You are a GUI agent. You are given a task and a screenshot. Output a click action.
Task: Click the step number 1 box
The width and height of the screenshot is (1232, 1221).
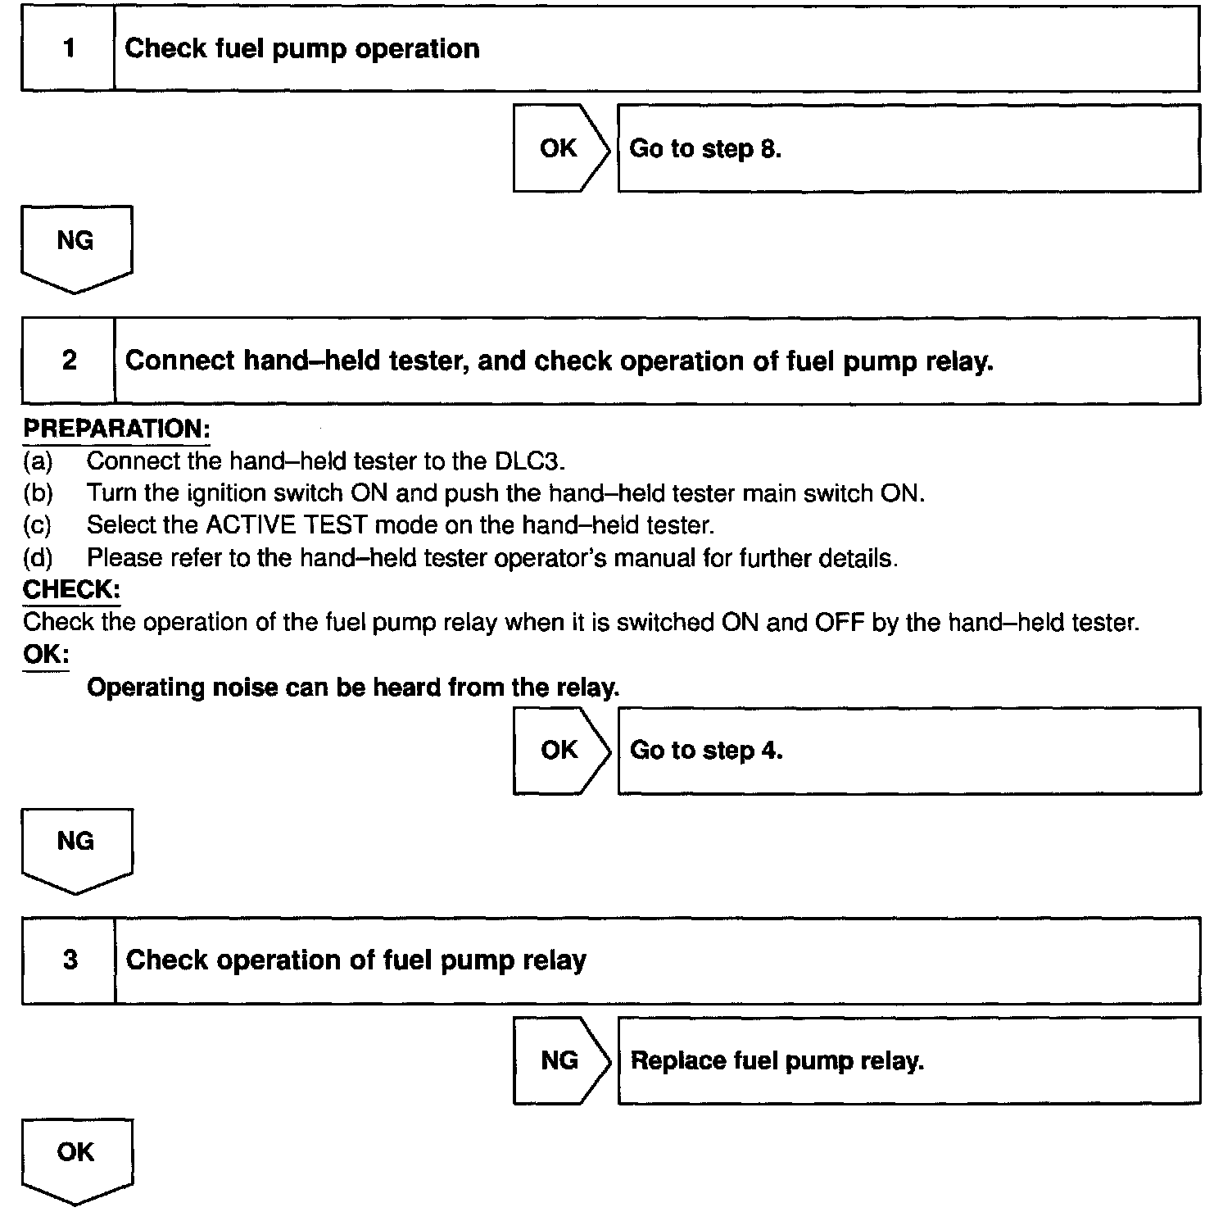click(69, 48)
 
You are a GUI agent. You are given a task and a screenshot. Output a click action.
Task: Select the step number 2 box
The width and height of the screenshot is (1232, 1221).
click(69, 361)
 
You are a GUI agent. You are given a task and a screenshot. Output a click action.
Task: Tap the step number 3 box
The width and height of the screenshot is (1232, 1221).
click(69, 960)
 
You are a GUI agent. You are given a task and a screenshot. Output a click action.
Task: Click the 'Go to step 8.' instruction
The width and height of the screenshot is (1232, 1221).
click(705, 148)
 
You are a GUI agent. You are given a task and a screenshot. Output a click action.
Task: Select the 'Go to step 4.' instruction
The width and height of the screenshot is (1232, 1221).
click(706, 750)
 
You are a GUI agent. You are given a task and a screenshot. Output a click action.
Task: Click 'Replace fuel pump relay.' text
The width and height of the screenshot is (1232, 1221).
click(777, 1060)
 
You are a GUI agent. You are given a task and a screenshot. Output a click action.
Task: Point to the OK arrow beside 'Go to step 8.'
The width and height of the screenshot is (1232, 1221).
click(559, 148)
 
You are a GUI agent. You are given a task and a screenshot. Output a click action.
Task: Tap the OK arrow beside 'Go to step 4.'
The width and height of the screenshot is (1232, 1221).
click(559, 750)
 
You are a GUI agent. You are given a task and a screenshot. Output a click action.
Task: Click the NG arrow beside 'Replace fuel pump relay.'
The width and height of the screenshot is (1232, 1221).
click(559, 1060)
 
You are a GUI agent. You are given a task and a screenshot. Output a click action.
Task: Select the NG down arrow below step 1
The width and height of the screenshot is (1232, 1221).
click(76, 246)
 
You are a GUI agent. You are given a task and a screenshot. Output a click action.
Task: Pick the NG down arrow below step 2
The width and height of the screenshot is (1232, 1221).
click(76, 847)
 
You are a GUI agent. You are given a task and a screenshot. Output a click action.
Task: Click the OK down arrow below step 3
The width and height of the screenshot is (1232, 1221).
click(76, 1157)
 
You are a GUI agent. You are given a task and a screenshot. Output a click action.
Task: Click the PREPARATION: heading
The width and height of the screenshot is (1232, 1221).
click(116, 429)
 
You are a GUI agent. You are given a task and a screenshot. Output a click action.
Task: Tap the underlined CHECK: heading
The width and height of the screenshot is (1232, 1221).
click(71, 589)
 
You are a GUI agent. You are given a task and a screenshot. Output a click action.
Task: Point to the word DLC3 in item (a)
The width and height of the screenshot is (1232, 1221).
click(530, 461)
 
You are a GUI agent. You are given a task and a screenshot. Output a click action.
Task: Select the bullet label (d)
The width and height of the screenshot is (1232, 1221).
click(38, 558)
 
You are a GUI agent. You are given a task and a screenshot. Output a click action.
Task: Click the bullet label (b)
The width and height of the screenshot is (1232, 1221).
click(38, 493)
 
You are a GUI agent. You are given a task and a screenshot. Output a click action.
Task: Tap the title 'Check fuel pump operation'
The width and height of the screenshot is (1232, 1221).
click(301, 48)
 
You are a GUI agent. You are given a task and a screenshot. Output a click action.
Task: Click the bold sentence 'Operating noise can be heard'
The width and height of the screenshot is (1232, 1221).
click(353, 687)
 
